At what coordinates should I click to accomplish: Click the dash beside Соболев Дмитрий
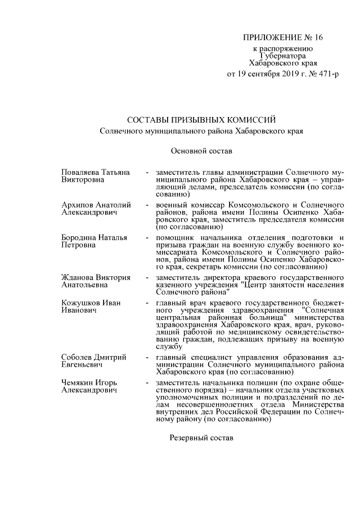pyautogui.click(x=146, y=358)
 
